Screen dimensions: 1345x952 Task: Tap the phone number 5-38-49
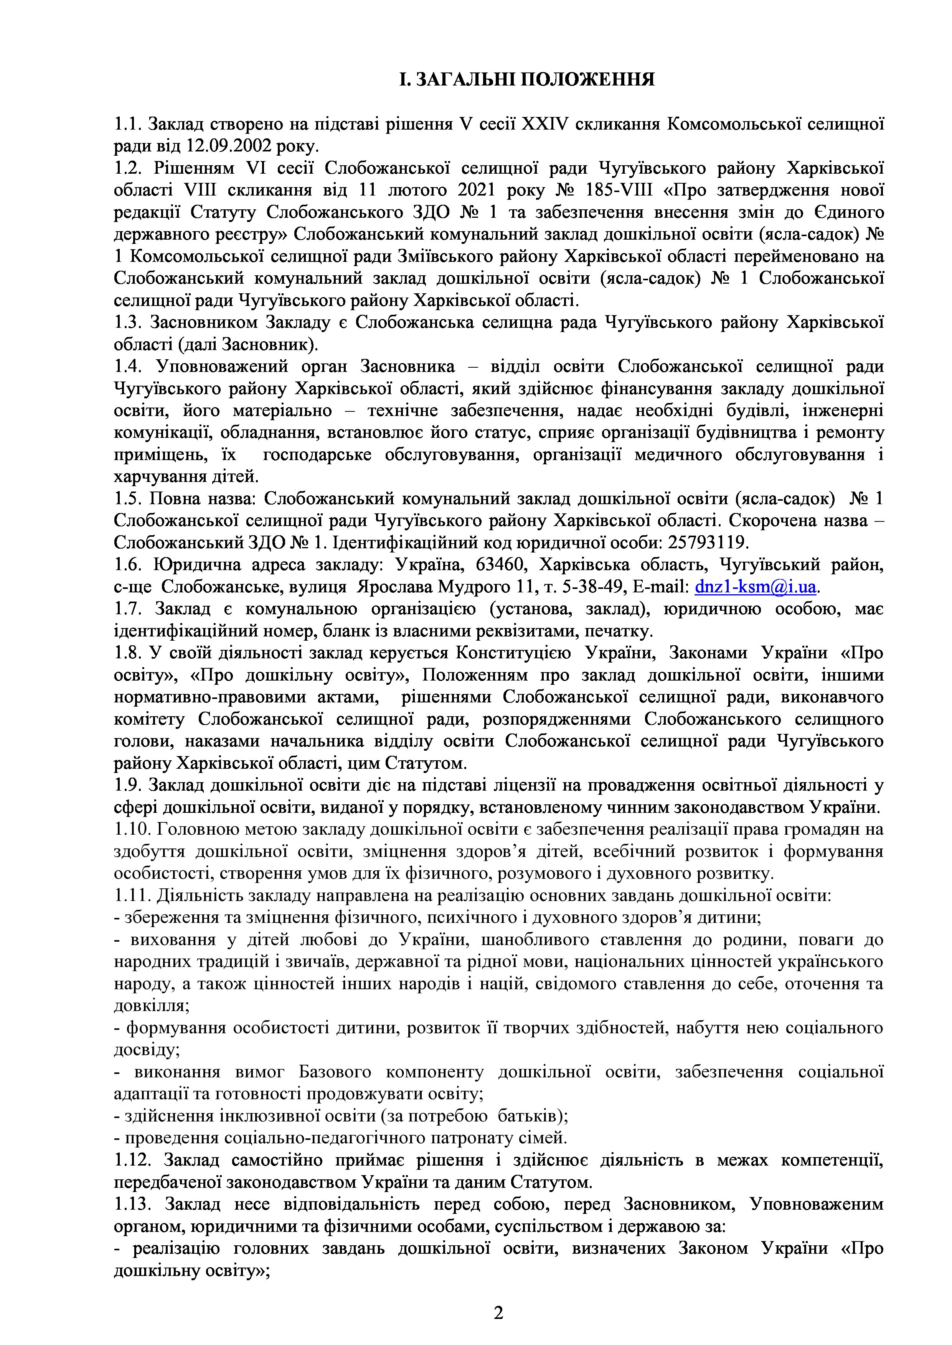641,586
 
